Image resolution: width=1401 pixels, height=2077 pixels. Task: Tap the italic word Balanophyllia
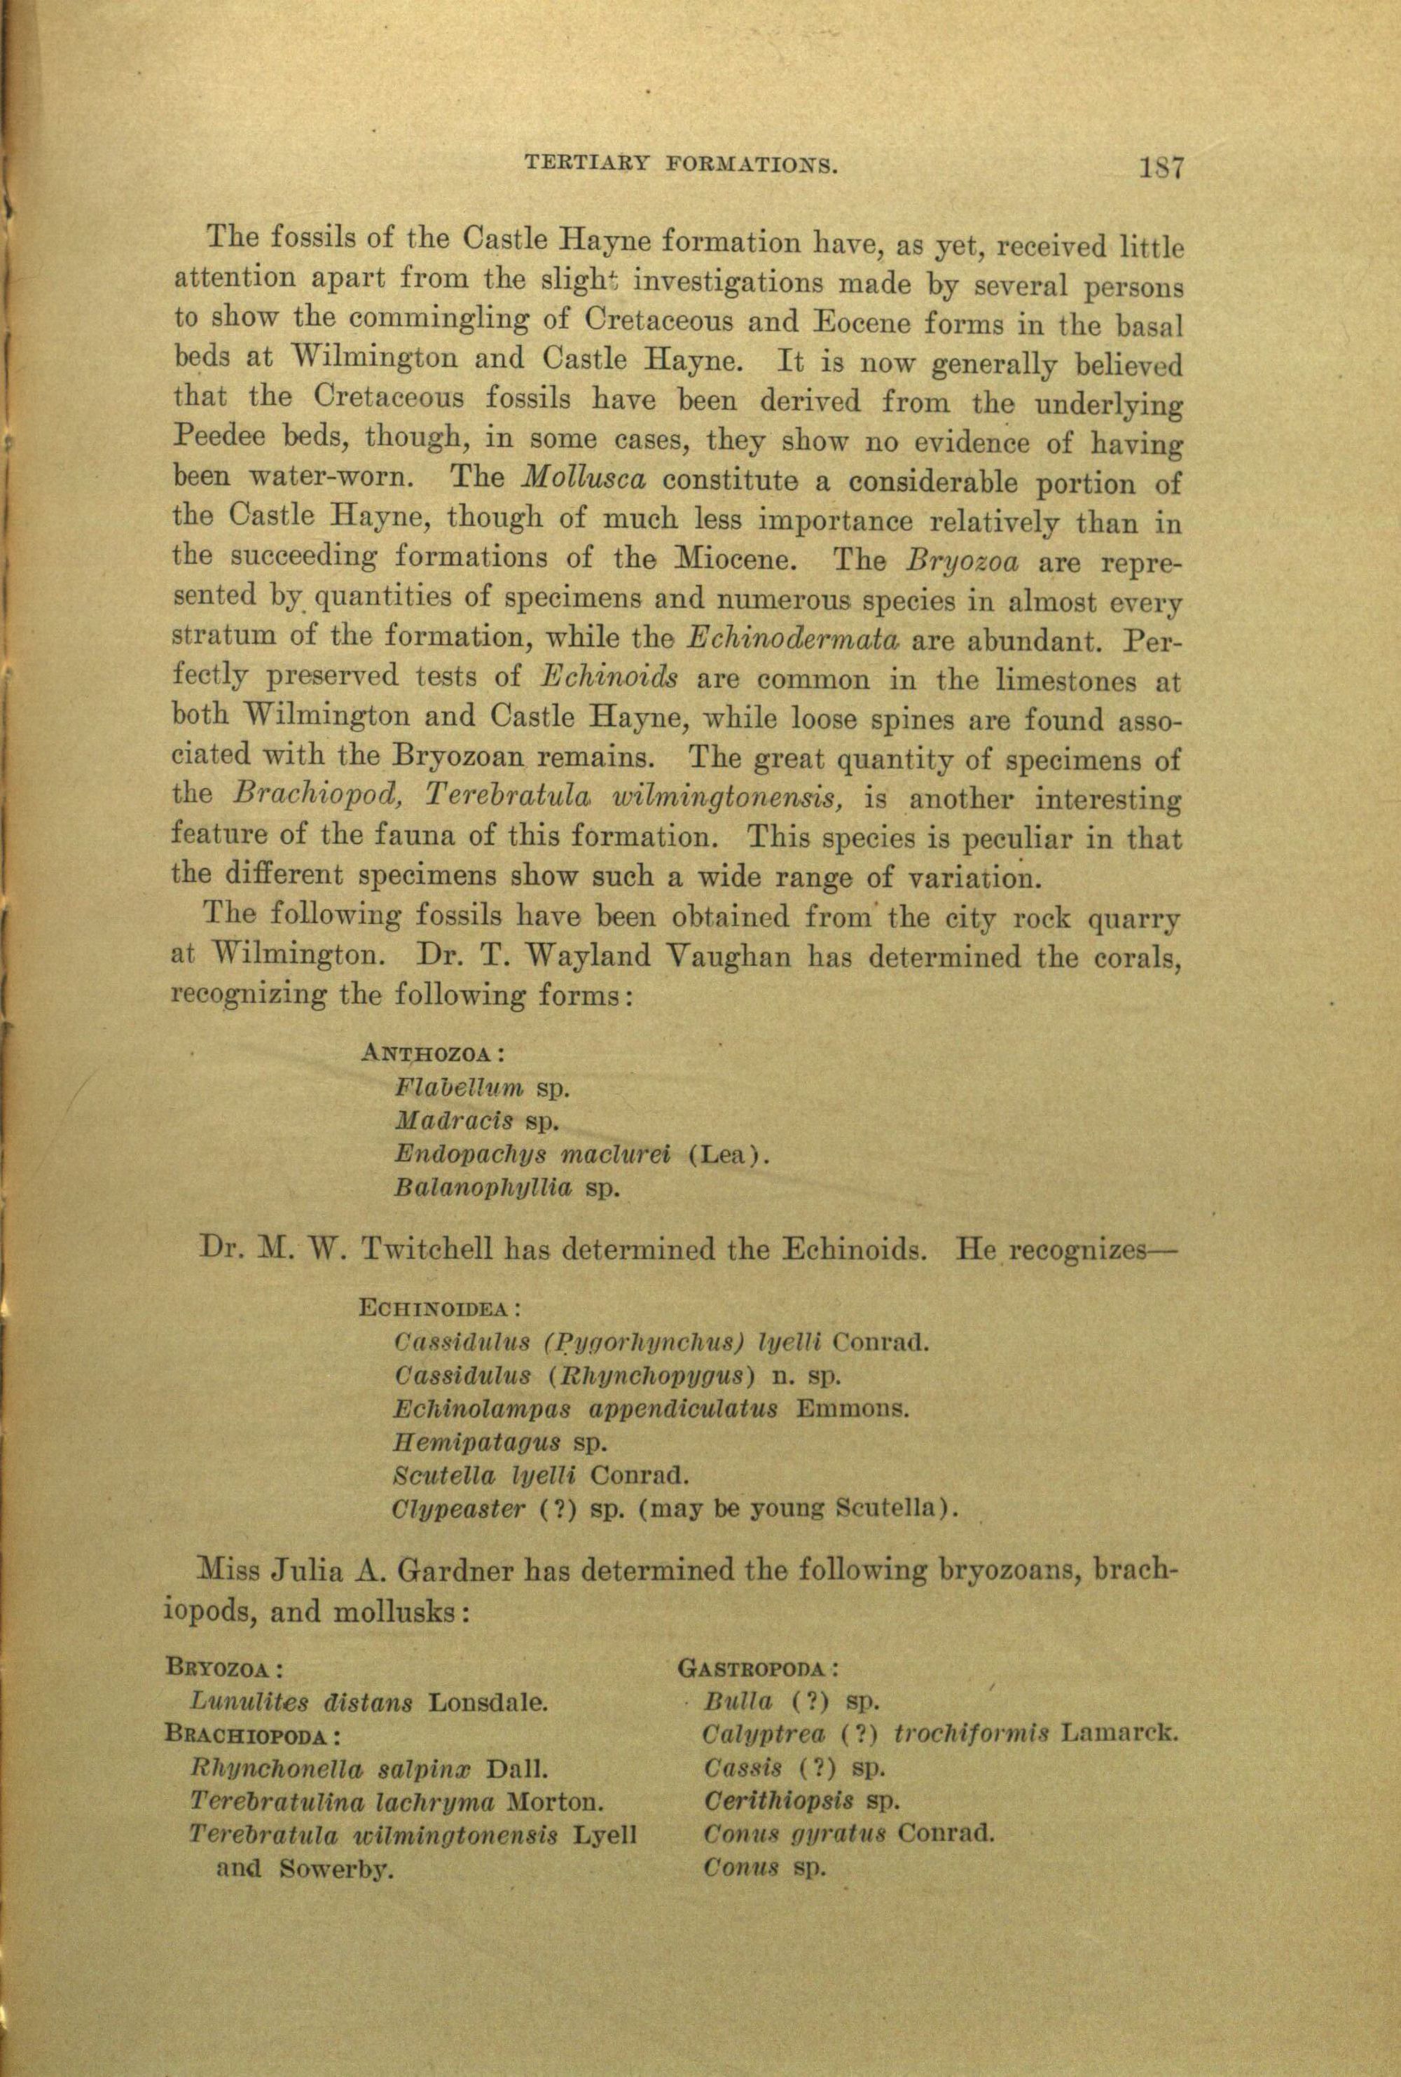point(483,1188)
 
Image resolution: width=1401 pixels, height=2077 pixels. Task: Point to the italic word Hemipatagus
point(477,1442)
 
